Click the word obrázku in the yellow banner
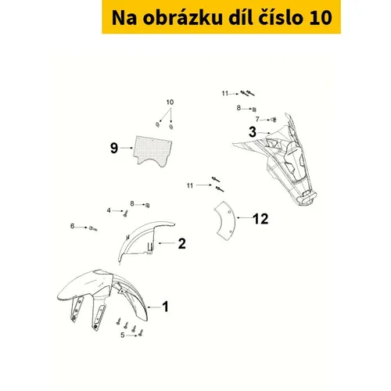(x=182, y=18)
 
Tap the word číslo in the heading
(x=280, y=17)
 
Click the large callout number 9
(x=114, y=148)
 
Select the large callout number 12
(x=260, y=219)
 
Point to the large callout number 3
(x=253, y=132)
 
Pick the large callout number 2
(x=181, y=244)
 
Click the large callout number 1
(x=165, y=307)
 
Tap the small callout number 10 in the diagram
(x=170, y=102)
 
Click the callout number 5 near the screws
(x=123, y=335)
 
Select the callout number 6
(x=72, y=226)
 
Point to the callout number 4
(x=109, y=210)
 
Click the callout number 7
(x=257, y=119)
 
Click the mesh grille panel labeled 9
(x=152, y=151)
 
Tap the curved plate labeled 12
(x=226, y=221)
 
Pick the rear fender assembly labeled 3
(x=278, y=159)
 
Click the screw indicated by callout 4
(x=125, y=213)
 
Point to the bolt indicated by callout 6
(x=93, y=228)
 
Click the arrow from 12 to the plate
(x=244, y=217)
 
